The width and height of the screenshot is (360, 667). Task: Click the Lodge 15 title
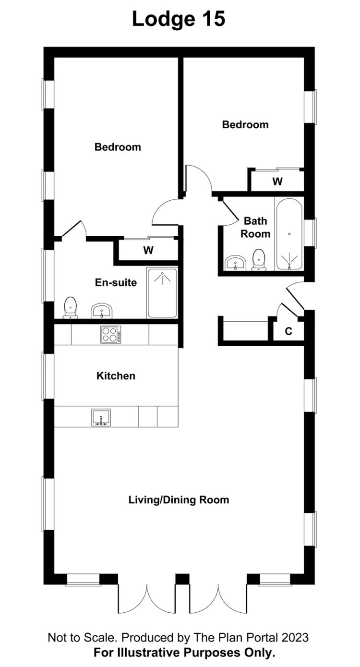point(179,19)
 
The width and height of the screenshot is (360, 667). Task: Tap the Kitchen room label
point(116,376)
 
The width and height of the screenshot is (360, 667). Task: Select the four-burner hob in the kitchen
point(111,335)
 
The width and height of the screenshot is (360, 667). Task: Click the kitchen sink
point(101,417)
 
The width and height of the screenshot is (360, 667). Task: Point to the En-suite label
point(116,282)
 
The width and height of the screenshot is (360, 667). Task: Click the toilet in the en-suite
point(71,308)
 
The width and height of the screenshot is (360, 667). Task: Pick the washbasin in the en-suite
point(101,311)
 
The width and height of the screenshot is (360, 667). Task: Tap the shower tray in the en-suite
point(162,293)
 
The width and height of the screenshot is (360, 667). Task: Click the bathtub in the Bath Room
point(289,234)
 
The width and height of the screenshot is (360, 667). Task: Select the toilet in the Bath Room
point(259,260)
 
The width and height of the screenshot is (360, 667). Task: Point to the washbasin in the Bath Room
point(235,263)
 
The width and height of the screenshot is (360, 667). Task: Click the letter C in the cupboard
point(288,331)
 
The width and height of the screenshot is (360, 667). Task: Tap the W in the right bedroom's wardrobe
point(277,181)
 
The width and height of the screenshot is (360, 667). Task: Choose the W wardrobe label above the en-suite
point(148,250)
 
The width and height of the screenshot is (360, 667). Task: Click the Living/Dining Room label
point(179,500)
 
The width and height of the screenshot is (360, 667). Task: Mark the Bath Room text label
point(255,227)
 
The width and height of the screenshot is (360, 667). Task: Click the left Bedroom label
point(118,147)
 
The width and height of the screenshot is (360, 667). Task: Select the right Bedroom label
point(245,124)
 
